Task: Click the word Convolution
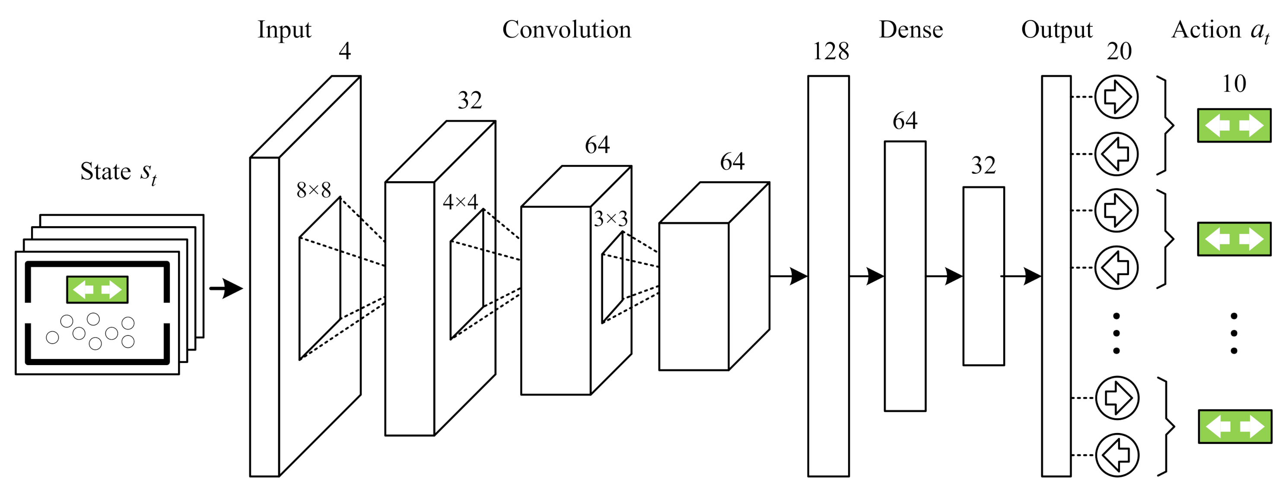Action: point(566,29)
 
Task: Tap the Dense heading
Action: point(910,29)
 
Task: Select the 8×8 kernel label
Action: point(314,190)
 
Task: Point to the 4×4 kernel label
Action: point(460,202)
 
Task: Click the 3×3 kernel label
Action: point(611,219)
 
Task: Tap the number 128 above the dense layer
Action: point(830,51)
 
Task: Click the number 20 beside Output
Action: point(1119,51)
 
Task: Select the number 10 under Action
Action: point(1234,83)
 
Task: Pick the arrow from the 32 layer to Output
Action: point(1021,276)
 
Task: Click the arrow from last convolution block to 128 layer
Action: point(789,276)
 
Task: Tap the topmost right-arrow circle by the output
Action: point(1116,96)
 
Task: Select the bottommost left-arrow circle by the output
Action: point(1117,455)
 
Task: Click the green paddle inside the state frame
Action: point(98,289)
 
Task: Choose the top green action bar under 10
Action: point(1234,125)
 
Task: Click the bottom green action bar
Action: point(1235,427)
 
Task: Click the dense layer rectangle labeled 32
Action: point(983,276)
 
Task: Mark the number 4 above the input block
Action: point(344,51)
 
